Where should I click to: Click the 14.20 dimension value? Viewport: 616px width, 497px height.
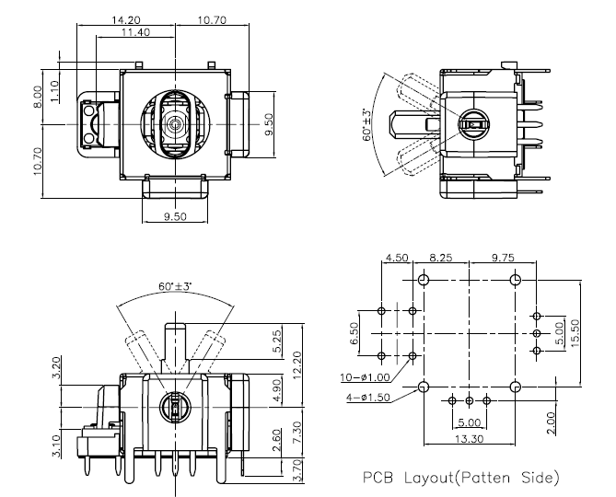[x=126, y=19]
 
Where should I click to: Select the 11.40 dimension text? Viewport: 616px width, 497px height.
[x=136, y=33]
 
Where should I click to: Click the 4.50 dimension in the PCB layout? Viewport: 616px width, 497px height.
[x=397, y=259]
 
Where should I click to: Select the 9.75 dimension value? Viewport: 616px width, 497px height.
[x=503, y=259]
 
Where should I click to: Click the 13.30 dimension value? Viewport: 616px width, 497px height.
[x=469, y=440]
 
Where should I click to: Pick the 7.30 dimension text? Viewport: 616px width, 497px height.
[x=296, y=430]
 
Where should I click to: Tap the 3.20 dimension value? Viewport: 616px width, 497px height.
[x=57, y=367]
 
